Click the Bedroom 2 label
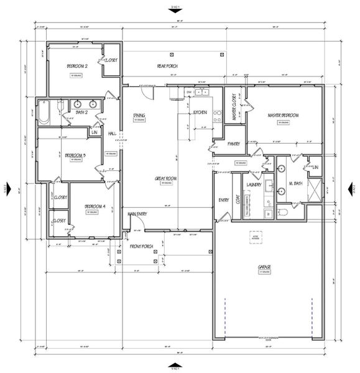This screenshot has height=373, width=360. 77,66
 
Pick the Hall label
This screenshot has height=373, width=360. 113,133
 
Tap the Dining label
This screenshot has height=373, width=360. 139,115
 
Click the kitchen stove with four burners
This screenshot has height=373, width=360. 217,115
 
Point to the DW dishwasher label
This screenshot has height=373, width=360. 188,92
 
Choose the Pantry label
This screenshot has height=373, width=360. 234,144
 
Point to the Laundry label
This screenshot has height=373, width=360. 253,184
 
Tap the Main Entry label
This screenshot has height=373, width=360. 137,214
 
